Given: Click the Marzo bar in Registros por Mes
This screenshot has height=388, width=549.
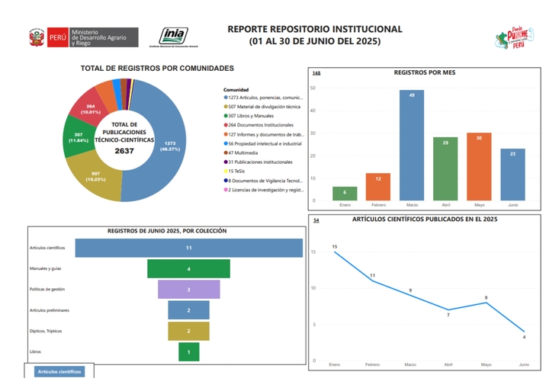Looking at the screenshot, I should tap(412, 146).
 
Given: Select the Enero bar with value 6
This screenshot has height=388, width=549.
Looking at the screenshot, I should tap(344, 194).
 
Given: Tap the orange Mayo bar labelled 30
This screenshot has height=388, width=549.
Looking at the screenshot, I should tap(479, 167).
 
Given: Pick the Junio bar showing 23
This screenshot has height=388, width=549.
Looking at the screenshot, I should tap(512, 175).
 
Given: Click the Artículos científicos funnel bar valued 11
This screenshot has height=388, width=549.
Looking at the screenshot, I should tap(188, 248).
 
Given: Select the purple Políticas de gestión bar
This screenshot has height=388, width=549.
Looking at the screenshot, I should tap(188, 290).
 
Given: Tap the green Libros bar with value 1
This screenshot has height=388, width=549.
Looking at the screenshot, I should tap(188, 351).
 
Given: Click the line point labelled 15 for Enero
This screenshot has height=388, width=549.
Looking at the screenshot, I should tap(335, 252).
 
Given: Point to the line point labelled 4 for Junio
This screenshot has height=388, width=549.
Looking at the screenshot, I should tap(524, 331).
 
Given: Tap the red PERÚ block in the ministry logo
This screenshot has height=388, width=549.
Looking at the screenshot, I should tap(56, 37).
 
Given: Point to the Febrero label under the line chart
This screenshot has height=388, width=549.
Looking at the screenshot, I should tap(372, 365).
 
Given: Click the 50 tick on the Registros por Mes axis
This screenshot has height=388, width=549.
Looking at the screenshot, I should tap(313, 88).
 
